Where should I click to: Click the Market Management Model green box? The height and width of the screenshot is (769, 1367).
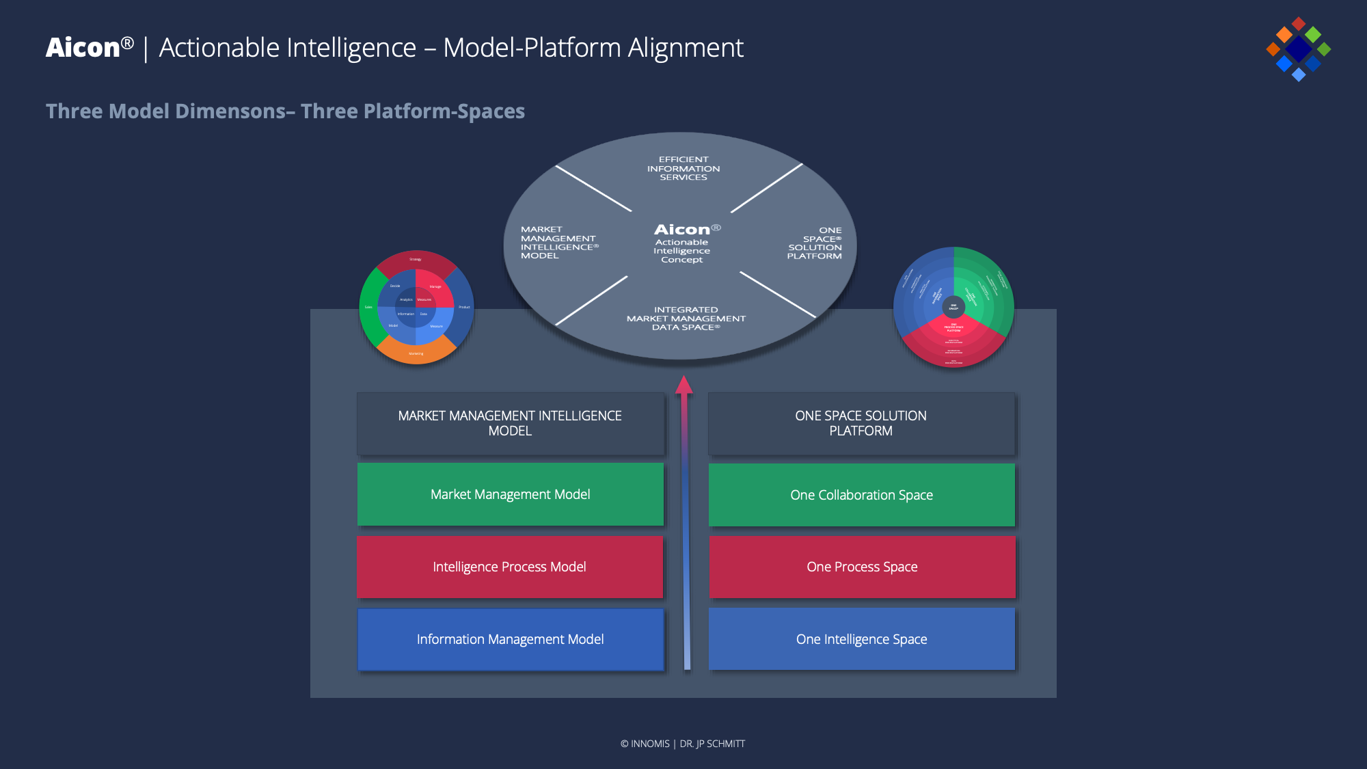pyautogui.click(x=510, y=494)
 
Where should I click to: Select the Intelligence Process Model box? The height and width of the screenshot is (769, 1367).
pyautogui.click(x=510, y=567)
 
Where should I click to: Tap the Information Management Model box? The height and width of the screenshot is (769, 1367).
pyautogui.click(x=510, y=639)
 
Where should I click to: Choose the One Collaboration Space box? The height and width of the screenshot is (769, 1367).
pyautogui.click(x=861, y=495)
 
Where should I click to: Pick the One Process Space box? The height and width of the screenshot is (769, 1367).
pyautogui.click(x=861, y=567)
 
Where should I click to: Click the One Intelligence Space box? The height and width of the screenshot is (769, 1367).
pyautogui.click(x=861, y=639)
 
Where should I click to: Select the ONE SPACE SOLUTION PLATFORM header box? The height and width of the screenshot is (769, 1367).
pyautogui.click(x=861, y=423)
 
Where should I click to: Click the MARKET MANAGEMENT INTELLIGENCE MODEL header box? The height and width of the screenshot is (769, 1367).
pyautogui.click(x=510, y=423)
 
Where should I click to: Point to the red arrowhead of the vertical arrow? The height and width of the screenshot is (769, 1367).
pyautogui.click(x=684, y=385)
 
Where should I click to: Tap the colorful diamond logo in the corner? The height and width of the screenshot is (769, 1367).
pyautogui.click(x=1298, y=49)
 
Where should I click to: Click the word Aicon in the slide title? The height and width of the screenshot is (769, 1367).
pyautogui.click(x=83, y=48)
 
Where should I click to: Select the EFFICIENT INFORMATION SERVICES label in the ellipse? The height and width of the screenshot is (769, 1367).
pyautogui.click(x=683, y=168)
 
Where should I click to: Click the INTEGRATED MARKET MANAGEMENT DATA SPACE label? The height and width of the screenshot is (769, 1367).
pyautogui.click(x=686, y=319)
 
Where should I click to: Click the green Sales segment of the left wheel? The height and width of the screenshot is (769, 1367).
pyautogui.click(x=368, y=307)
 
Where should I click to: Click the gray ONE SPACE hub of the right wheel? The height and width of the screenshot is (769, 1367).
pyautogui.click(x=953, y=307)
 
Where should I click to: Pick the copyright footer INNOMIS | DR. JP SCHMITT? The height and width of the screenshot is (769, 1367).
pyautogui.click(x=683, y=744)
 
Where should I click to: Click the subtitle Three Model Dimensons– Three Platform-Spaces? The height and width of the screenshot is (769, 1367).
pyautogui.click(x=285, y=111)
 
